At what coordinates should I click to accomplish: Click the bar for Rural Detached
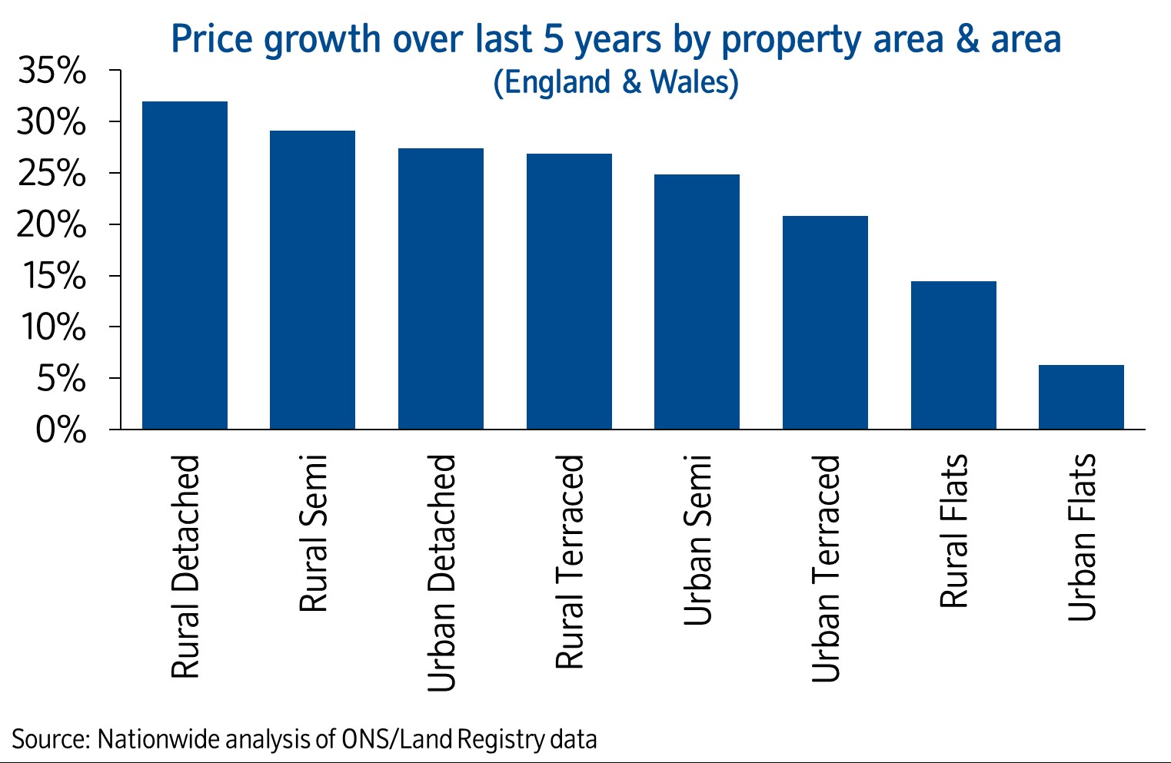[x=185, y=265]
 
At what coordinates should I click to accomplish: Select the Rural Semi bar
[x=312, y=280]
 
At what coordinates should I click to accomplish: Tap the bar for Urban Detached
[x=441, y=289]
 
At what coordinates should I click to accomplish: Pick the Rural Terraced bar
[x=569, y=291]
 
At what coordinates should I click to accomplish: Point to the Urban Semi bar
[x=697, y=302]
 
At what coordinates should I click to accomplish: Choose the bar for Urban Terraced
[x=825, y=323]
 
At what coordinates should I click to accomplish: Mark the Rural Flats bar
[x=953, y=355]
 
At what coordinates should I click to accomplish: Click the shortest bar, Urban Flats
[x=1081, y=397]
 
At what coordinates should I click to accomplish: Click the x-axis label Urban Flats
[x=1082, y=538]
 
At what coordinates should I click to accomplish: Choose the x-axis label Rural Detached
[x=185, y=567]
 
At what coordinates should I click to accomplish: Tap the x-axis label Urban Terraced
[x=826, y=569]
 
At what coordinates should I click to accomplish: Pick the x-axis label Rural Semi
[x=313, y=533]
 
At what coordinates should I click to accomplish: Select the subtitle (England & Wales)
[x=616, y=82]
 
